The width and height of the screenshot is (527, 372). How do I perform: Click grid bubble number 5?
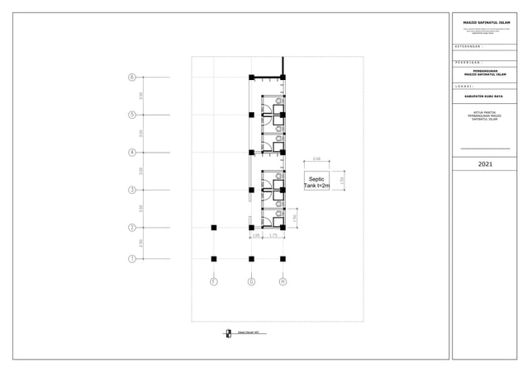(x=132, y=115)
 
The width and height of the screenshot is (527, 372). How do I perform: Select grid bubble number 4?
(x=132, y=153)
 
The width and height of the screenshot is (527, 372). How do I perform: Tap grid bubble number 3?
(x=132, y=191)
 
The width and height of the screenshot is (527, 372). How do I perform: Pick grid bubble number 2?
(x=132, y=228)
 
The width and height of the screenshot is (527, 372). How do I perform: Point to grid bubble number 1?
(x=132, y=259)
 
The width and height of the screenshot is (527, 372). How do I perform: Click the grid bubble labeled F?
(x=214, y=282)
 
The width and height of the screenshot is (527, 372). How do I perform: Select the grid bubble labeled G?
(x=251, y=282)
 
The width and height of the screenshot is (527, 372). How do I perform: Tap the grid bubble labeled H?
(x=282, y=282)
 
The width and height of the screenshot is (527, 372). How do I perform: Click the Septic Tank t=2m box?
(x=316, y=182)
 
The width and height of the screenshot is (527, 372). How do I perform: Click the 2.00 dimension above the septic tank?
(x=316, y=158)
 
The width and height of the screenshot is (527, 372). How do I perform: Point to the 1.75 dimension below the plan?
(x=273, y=236)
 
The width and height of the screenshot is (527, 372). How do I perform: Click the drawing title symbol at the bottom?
(x=228, y=333)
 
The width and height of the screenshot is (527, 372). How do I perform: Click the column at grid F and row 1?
(x=214, y=259)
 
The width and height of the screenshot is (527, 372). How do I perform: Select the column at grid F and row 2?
(x=214, y=228)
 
